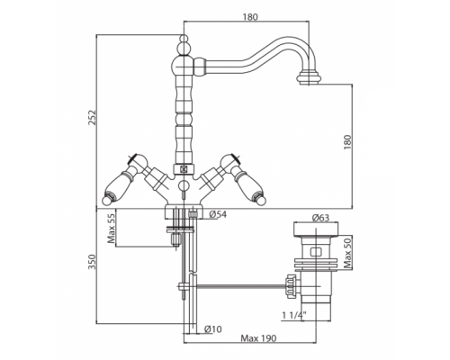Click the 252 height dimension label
point(93,117)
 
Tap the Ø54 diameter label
point(218,214)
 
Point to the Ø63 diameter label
point(320,218)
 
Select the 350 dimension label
point(93,262)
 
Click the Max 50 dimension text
point(347,252)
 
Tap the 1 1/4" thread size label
point(294,315)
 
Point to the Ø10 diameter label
point(212,329)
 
